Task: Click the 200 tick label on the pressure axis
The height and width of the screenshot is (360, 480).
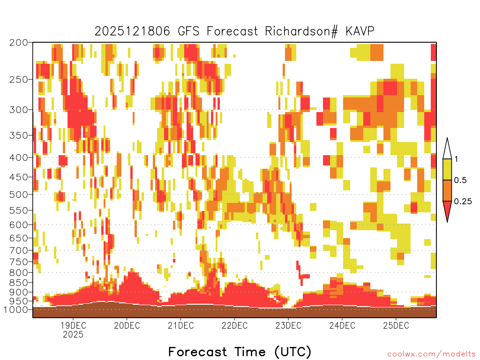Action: [x=18, y=43]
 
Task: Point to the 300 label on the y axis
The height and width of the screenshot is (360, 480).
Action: [x=18, y=110]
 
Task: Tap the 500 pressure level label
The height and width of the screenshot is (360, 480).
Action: [x=18, y=195]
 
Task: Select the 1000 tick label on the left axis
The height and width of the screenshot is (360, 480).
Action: [x=16, y=309]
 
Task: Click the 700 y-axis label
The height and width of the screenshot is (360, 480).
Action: [x=18, y=250]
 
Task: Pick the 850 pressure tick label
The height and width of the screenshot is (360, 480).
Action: [x=18, y=283]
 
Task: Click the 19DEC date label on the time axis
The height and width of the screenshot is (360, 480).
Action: [x=73, y=325]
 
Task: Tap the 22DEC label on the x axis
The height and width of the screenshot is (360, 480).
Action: [x=234, y=325]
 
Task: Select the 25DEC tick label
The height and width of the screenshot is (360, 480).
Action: [x=396, y=325]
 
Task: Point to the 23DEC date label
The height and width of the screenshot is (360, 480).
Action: [x=288, y=325]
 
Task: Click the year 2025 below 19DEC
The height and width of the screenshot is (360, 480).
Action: [x=73, y=334]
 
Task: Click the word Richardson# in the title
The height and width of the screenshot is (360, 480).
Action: [x=301, y=31]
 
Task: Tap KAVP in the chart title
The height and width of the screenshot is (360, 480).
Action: [x=360, y=31]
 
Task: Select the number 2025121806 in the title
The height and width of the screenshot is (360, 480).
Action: [x=132, y=31]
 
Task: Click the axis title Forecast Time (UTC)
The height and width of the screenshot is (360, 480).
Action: [x=240, y=352]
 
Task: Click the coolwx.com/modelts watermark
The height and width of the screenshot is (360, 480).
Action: [x=432, y=354]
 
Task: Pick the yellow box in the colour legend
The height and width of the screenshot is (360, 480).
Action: [x=447, y=169]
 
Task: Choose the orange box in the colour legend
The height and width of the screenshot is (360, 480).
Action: [x=447, y=190]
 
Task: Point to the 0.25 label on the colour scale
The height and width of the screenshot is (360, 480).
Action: [x=463, y=202]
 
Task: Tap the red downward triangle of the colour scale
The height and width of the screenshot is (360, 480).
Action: [x=447, y=210]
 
